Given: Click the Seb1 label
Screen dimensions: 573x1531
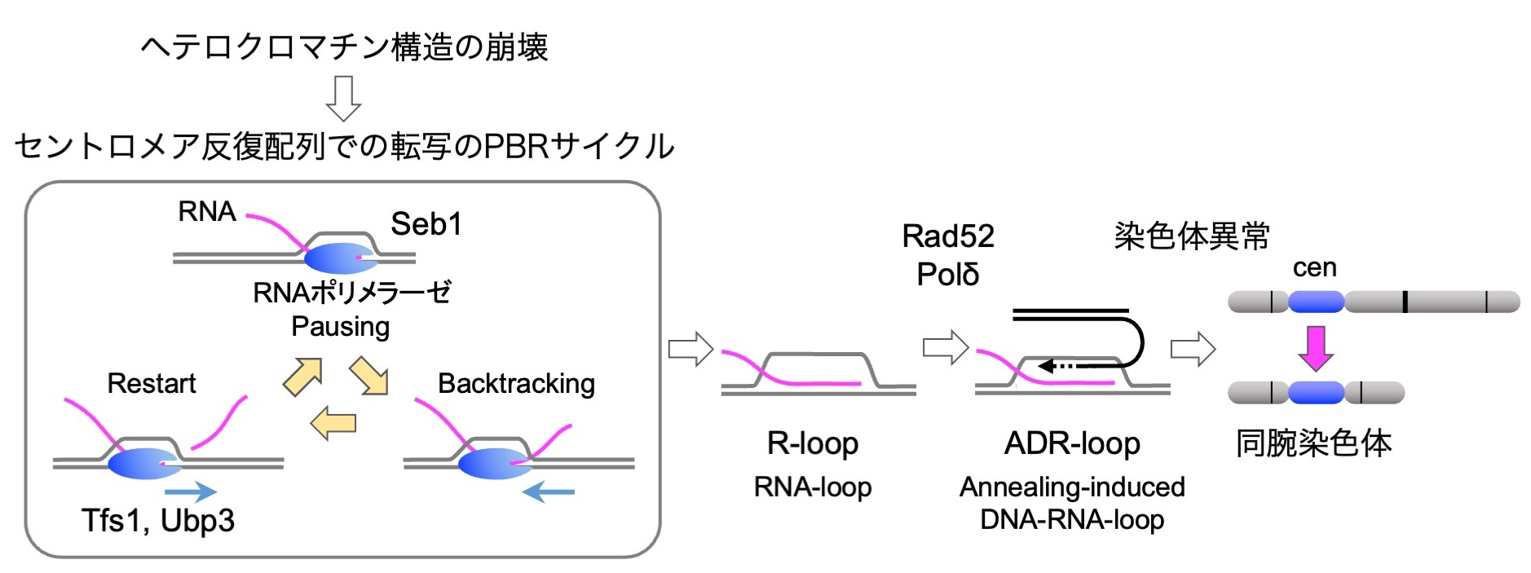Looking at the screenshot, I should click(426, 224).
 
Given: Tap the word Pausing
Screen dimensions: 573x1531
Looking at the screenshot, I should click(340, 327).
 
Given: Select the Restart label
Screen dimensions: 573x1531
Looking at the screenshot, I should click(152, 383).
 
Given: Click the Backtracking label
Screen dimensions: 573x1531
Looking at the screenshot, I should click(516, 383).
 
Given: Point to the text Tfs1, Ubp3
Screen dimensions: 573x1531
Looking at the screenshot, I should click(158, 520).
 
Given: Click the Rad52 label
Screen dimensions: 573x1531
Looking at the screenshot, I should click(948, 236).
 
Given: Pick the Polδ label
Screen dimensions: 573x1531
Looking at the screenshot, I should click(948, 275).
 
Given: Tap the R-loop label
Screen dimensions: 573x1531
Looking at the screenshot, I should click(813, 443).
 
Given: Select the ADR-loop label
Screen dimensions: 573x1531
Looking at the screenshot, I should click(1072, 443).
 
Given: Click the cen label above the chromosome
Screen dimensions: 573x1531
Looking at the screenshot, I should click(1314, 267).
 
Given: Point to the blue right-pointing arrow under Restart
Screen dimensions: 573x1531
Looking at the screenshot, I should click(191, 491).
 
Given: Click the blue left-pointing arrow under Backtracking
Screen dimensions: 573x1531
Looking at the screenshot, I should click(548, 491).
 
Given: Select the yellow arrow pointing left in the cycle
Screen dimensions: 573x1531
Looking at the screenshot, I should click(333, 422).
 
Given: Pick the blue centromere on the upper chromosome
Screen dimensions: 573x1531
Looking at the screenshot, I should click(1316, 302).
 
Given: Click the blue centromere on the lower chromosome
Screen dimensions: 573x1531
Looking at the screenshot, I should click(1316, 393).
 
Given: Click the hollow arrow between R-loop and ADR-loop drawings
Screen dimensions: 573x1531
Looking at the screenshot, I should click(945, 348).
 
